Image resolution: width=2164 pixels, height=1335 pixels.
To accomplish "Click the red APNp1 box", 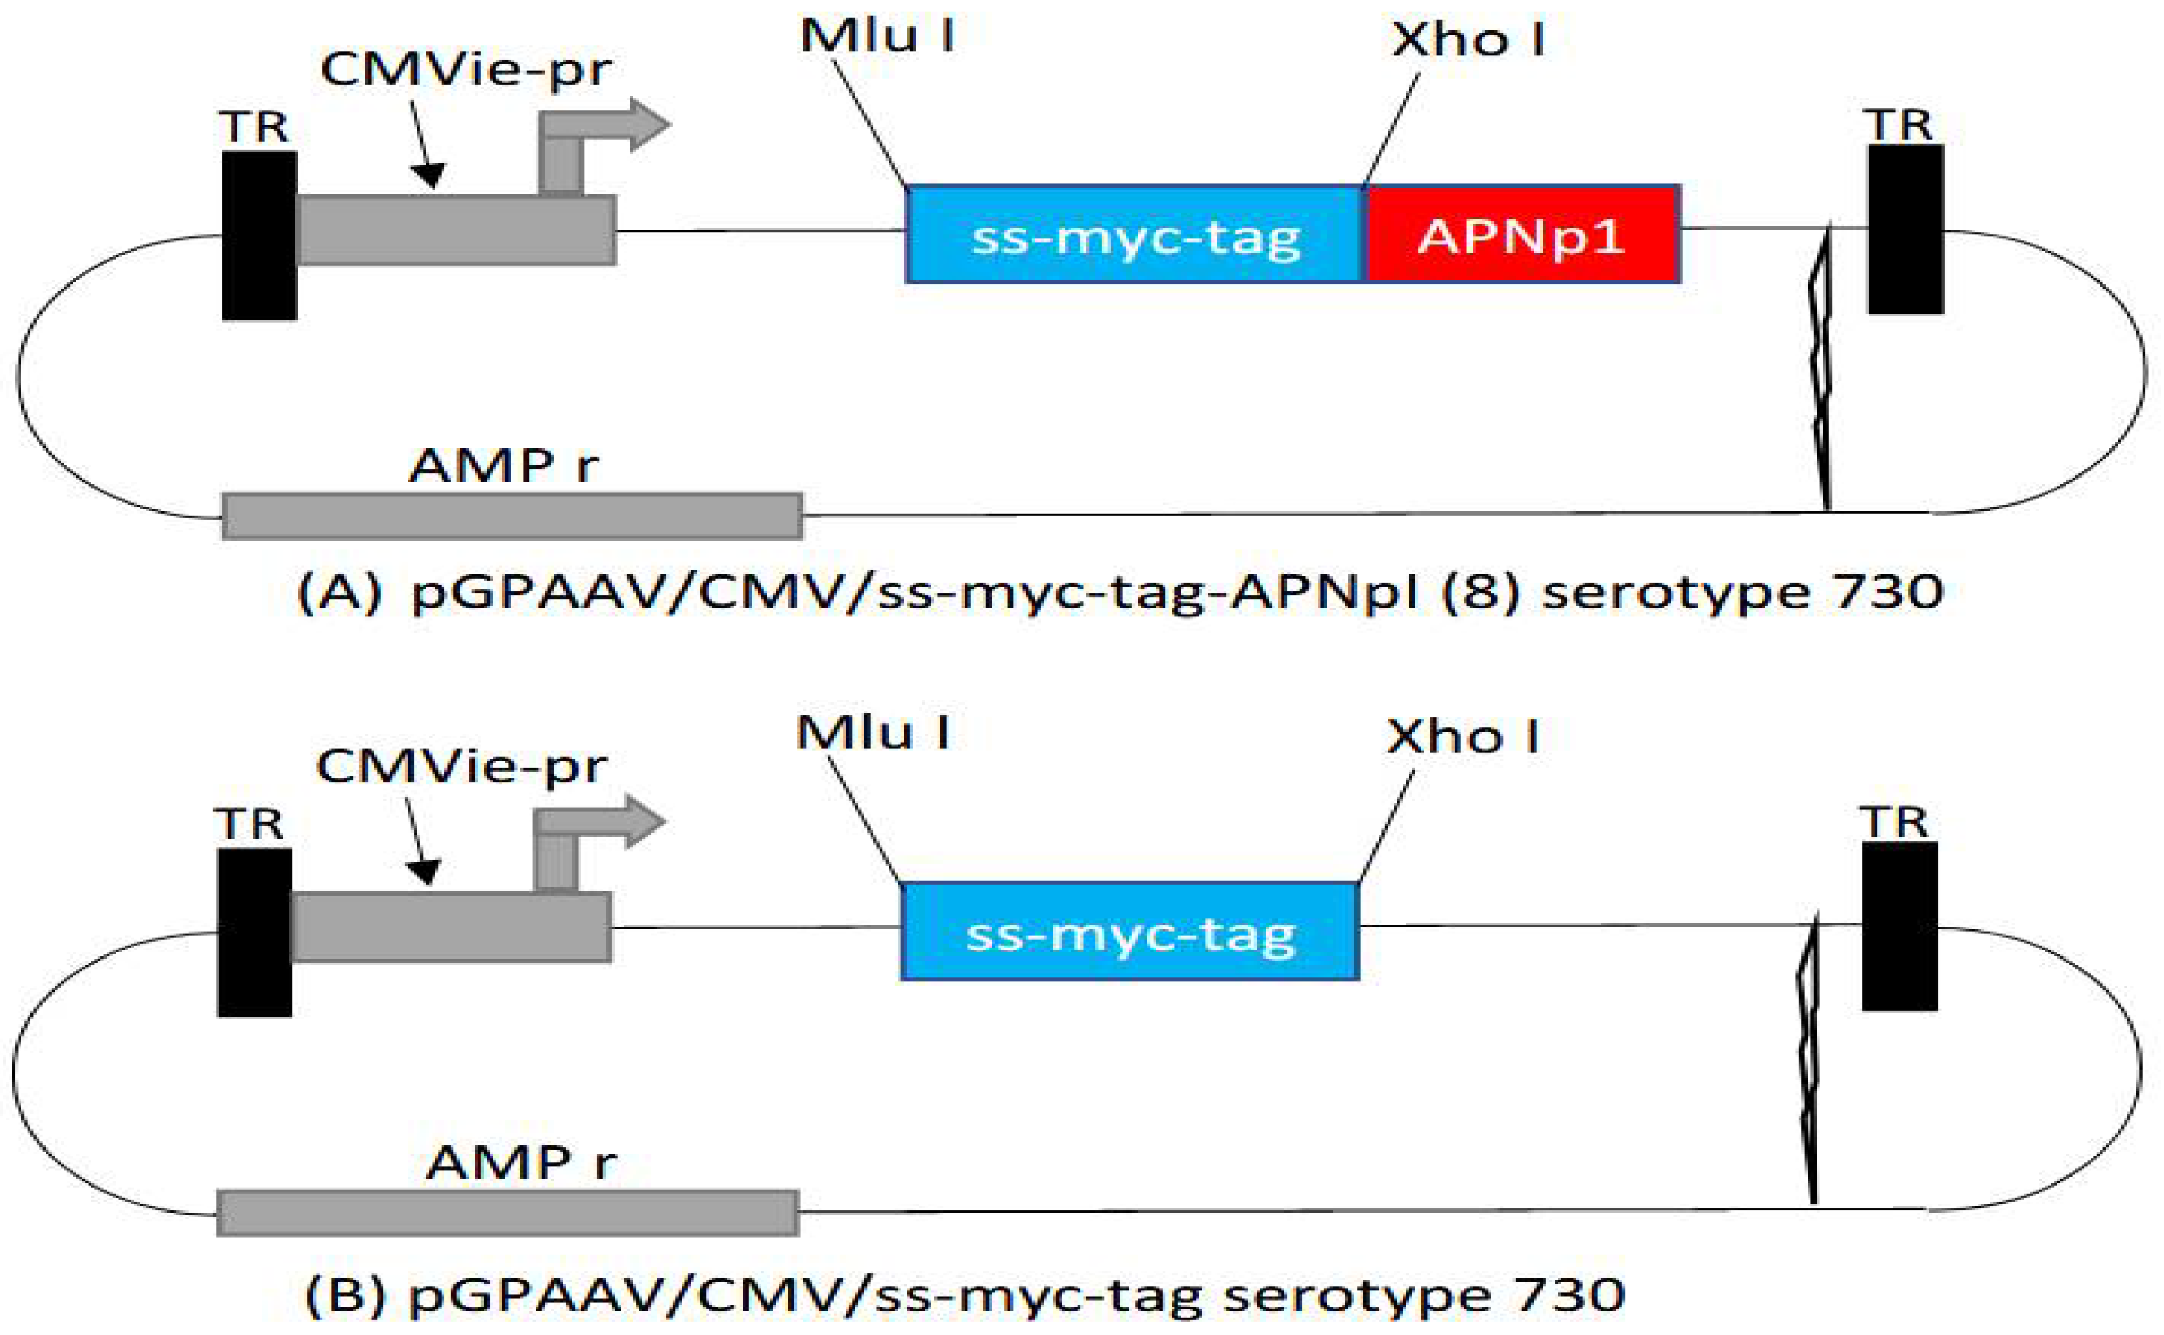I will pos(1521,235).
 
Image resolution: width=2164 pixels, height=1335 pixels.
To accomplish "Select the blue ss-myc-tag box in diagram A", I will pos(1134,235).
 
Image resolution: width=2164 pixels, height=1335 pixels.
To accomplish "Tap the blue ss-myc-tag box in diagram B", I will pos(1129,932).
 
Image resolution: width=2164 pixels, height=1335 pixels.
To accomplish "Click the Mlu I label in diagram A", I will pos(877,37).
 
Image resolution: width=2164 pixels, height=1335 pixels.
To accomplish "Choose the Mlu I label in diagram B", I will pos(872,733).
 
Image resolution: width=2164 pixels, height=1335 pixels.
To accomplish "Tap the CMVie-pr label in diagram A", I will pos(465,70).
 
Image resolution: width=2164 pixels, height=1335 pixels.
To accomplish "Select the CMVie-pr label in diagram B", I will pos(461,766).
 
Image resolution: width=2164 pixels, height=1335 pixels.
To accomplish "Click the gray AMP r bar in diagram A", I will pos(512,516).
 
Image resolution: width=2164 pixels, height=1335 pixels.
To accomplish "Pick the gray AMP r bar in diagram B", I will pos(508,1213).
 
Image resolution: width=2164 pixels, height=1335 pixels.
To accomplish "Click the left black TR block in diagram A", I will pos(260,236).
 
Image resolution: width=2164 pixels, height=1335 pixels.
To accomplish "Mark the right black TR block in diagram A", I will pos(1904,230).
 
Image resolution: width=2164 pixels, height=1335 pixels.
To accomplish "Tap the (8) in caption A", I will pos(1480,592).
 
